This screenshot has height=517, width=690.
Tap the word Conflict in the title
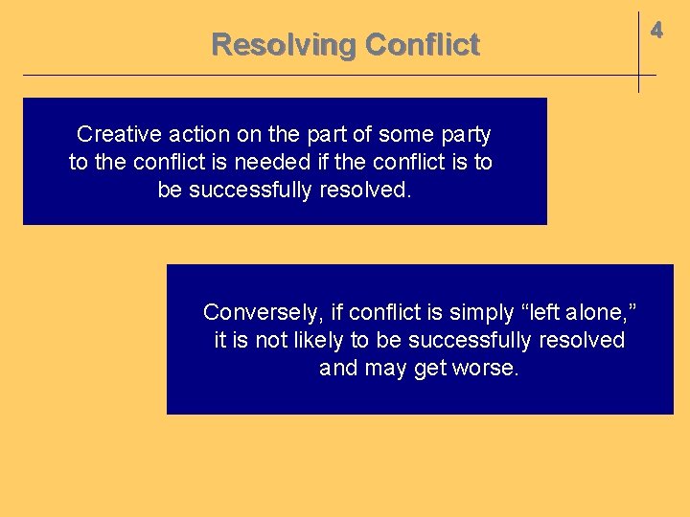(423, 45)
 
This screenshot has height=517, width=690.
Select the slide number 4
(656, 31)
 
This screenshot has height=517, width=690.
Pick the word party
(464, 134)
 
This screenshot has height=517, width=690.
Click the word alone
(601, 312)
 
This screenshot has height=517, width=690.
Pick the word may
(385, 368)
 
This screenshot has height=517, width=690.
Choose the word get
(431, 368)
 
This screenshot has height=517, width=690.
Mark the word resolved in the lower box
(582, 340)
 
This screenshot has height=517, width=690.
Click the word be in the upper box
(170, 190)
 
